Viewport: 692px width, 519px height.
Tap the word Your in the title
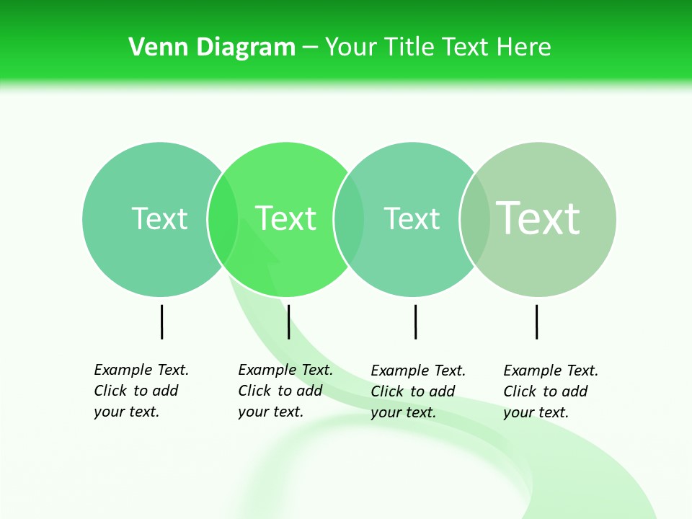coord(350,47)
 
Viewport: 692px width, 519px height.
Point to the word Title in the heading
coord(409,47)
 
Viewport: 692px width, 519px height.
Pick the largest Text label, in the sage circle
coord(538,218)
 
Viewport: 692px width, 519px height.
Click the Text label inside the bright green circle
coord(285,218)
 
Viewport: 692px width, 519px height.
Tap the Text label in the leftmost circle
coord(159,218)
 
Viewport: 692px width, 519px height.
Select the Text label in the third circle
coord(412,218)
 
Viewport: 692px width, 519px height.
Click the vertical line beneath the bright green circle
coord(288,321)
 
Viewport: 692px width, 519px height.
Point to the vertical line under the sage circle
coord(536,321)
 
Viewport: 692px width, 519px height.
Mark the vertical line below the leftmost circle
coord(161,321)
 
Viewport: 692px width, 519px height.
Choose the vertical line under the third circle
coord(415,321)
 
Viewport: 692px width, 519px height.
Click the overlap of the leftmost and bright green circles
coord(223,218)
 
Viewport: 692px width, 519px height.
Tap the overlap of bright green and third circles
coord(349,218)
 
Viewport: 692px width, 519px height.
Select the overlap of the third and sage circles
coord(475,218)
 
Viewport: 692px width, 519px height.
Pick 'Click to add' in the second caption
coord(280,391)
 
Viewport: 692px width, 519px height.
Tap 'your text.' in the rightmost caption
coord(536,412)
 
